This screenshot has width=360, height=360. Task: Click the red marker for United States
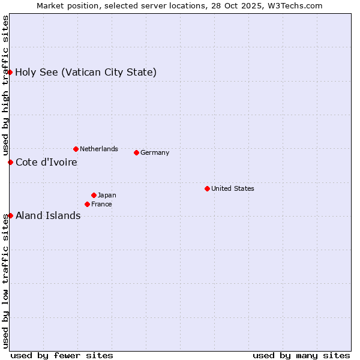[x=207, y=188]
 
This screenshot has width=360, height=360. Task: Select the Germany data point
[x=136, y=152]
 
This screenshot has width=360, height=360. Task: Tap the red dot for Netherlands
[x=76, y=149]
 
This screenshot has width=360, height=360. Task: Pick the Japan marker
[x=94, y=195]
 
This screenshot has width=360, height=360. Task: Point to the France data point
[x=87, y=204]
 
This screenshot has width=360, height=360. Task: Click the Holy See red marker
[x=10, y=73]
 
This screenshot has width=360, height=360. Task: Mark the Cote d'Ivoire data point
[x=10, y=162]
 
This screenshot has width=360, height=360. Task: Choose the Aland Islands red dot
[x=10, y=215]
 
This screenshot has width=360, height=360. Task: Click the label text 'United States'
[x=233, y=188]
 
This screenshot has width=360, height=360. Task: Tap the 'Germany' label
[x=155, y=152]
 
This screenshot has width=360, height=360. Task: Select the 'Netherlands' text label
[x=99, y=149]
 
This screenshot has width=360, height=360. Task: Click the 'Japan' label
[x=107, y=195]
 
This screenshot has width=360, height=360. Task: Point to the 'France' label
[x=101, y=204]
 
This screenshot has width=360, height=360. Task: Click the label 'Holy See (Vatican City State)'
[x=86, y=73]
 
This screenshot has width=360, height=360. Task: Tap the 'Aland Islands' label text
[x=48, y=215]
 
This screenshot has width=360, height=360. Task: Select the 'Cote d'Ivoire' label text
[x=46, y=162]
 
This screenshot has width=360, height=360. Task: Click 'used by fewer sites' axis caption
[x=62, y=355]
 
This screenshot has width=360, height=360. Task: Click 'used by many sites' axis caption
[x=301, y=355]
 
